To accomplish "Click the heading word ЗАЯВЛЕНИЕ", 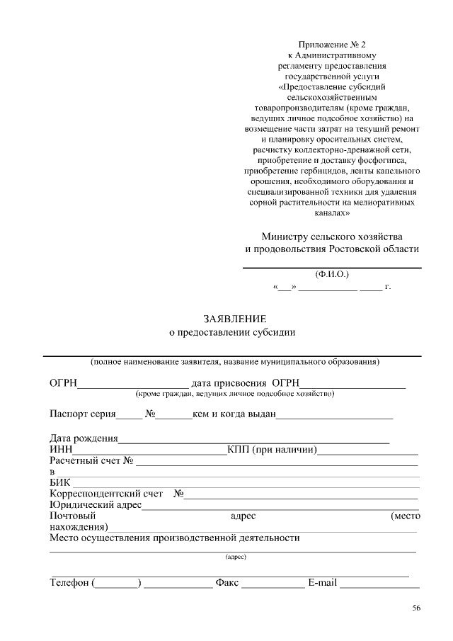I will pyautogui.click(x=235, y=319).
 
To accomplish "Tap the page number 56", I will pyautogui.click(x=416, y=608).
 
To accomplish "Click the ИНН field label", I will pyautogui.click(x=60, y=450).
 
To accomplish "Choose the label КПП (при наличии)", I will pyautogui.click(x=272, y=450).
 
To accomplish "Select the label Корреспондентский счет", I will pyautogui.click(x=106, y=494).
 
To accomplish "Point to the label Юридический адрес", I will pyautogui.click(x=96, y=505).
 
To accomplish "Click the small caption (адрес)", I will pyautogui.click(x=235, y=557).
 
